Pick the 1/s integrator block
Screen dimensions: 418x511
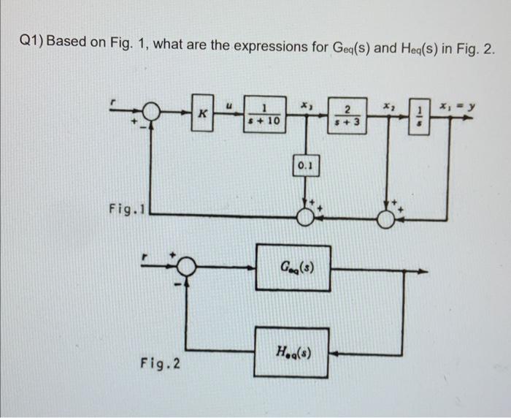coord(418,115)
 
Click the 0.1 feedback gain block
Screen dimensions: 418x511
coord(305,166)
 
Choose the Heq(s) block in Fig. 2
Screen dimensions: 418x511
coord(291,352)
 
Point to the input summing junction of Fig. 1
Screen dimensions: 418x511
coord(151,112)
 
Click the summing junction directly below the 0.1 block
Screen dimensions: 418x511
coord(305,214)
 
